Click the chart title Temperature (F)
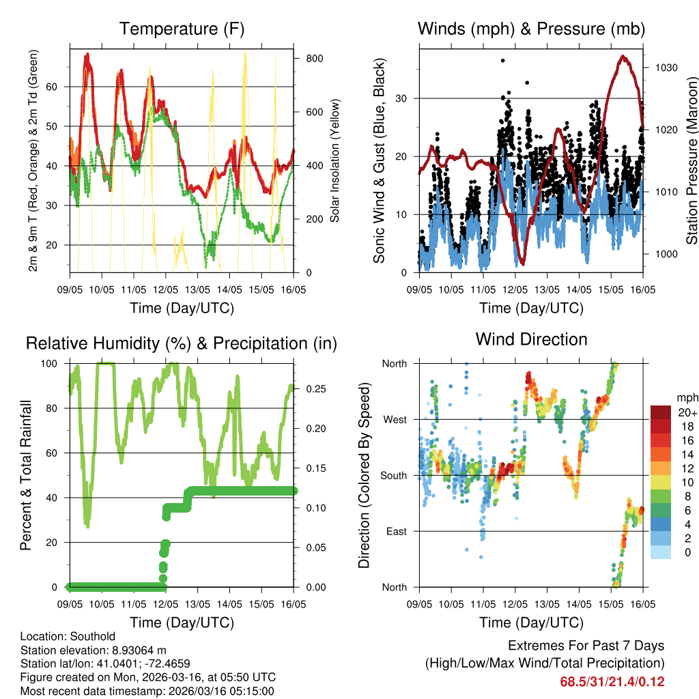[182, 29]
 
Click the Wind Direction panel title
[531, 339]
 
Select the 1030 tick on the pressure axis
[662, 68]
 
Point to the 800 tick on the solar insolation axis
[314, 59]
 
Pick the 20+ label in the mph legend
[686, 412]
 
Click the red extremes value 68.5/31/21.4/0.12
[612, 681]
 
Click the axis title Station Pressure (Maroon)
[691, 152]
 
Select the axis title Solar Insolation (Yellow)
[334, 161]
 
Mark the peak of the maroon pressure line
[623, 57]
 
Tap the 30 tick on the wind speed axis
[403, 98]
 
